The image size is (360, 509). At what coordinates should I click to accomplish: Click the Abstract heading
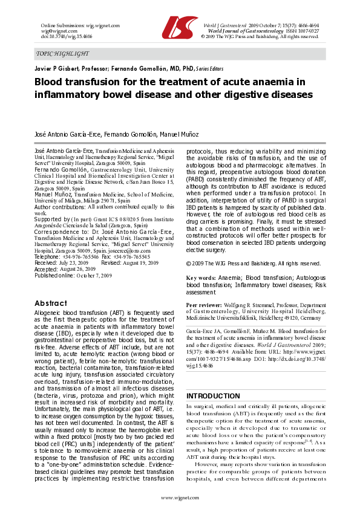click(x=51, y=303)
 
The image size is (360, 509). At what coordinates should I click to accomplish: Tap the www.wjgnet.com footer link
click(x=180, y=497)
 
